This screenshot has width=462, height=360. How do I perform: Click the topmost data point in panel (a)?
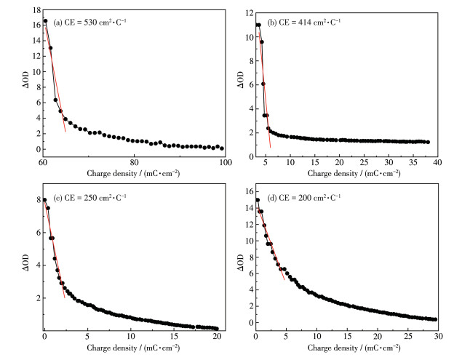pos(45,21)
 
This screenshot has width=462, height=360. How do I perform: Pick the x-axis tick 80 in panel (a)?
pos(134,161)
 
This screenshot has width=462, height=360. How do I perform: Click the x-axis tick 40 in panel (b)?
pos(437,161)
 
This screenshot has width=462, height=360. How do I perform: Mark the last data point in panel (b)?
pos(428,142)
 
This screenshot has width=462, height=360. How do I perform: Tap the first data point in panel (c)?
pos(44,200)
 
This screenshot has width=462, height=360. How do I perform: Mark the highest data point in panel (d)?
pos(257,200)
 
